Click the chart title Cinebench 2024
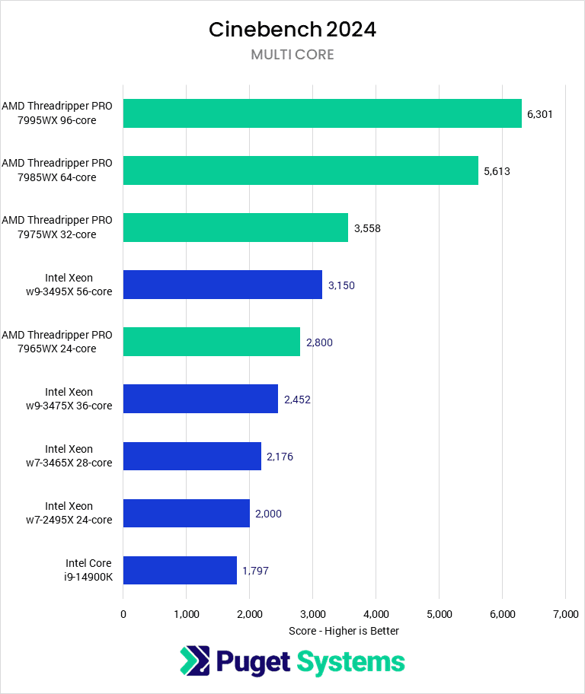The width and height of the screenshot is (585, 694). click(x=292, y=30)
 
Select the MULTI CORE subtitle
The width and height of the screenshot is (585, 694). click(x=292, y=55)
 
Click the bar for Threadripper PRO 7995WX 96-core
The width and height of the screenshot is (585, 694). click(x=322, y=113)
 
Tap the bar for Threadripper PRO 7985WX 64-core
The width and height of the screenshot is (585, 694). click(x=300, y=170)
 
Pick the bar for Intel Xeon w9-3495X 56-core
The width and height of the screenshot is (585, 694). click(x=222, y=285)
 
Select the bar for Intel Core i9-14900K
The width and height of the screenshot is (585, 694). click(x=180, y=570)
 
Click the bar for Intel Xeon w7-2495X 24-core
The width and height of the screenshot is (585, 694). click(x=186, y=513)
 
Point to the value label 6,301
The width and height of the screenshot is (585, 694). click(x=539, y=114)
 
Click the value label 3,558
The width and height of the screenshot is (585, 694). click(x=367, y=228)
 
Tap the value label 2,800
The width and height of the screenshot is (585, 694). click(x=319, y=342)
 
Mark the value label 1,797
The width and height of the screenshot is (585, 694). click(x=255, y=571)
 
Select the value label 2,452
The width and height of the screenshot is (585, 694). click(x=297, y=400)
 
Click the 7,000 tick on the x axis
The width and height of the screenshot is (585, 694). click(x=564, y=613)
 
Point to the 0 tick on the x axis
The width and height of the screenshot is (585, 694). click(x=123, y=613)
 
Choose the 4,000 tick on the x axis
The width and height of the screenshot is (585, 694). click(x=376, y=613)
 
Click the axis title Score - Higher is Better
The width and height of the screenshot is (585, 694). click(x=344, y=631)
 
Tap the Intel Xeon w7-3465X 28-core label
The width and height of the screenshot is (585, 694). click(x=78, y=456)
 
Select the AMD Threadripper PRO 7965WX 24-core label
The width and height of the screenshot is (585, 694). click(x=57, y=342)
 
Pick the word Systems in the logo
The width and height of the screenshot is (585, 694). click(x=350, y=661)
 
